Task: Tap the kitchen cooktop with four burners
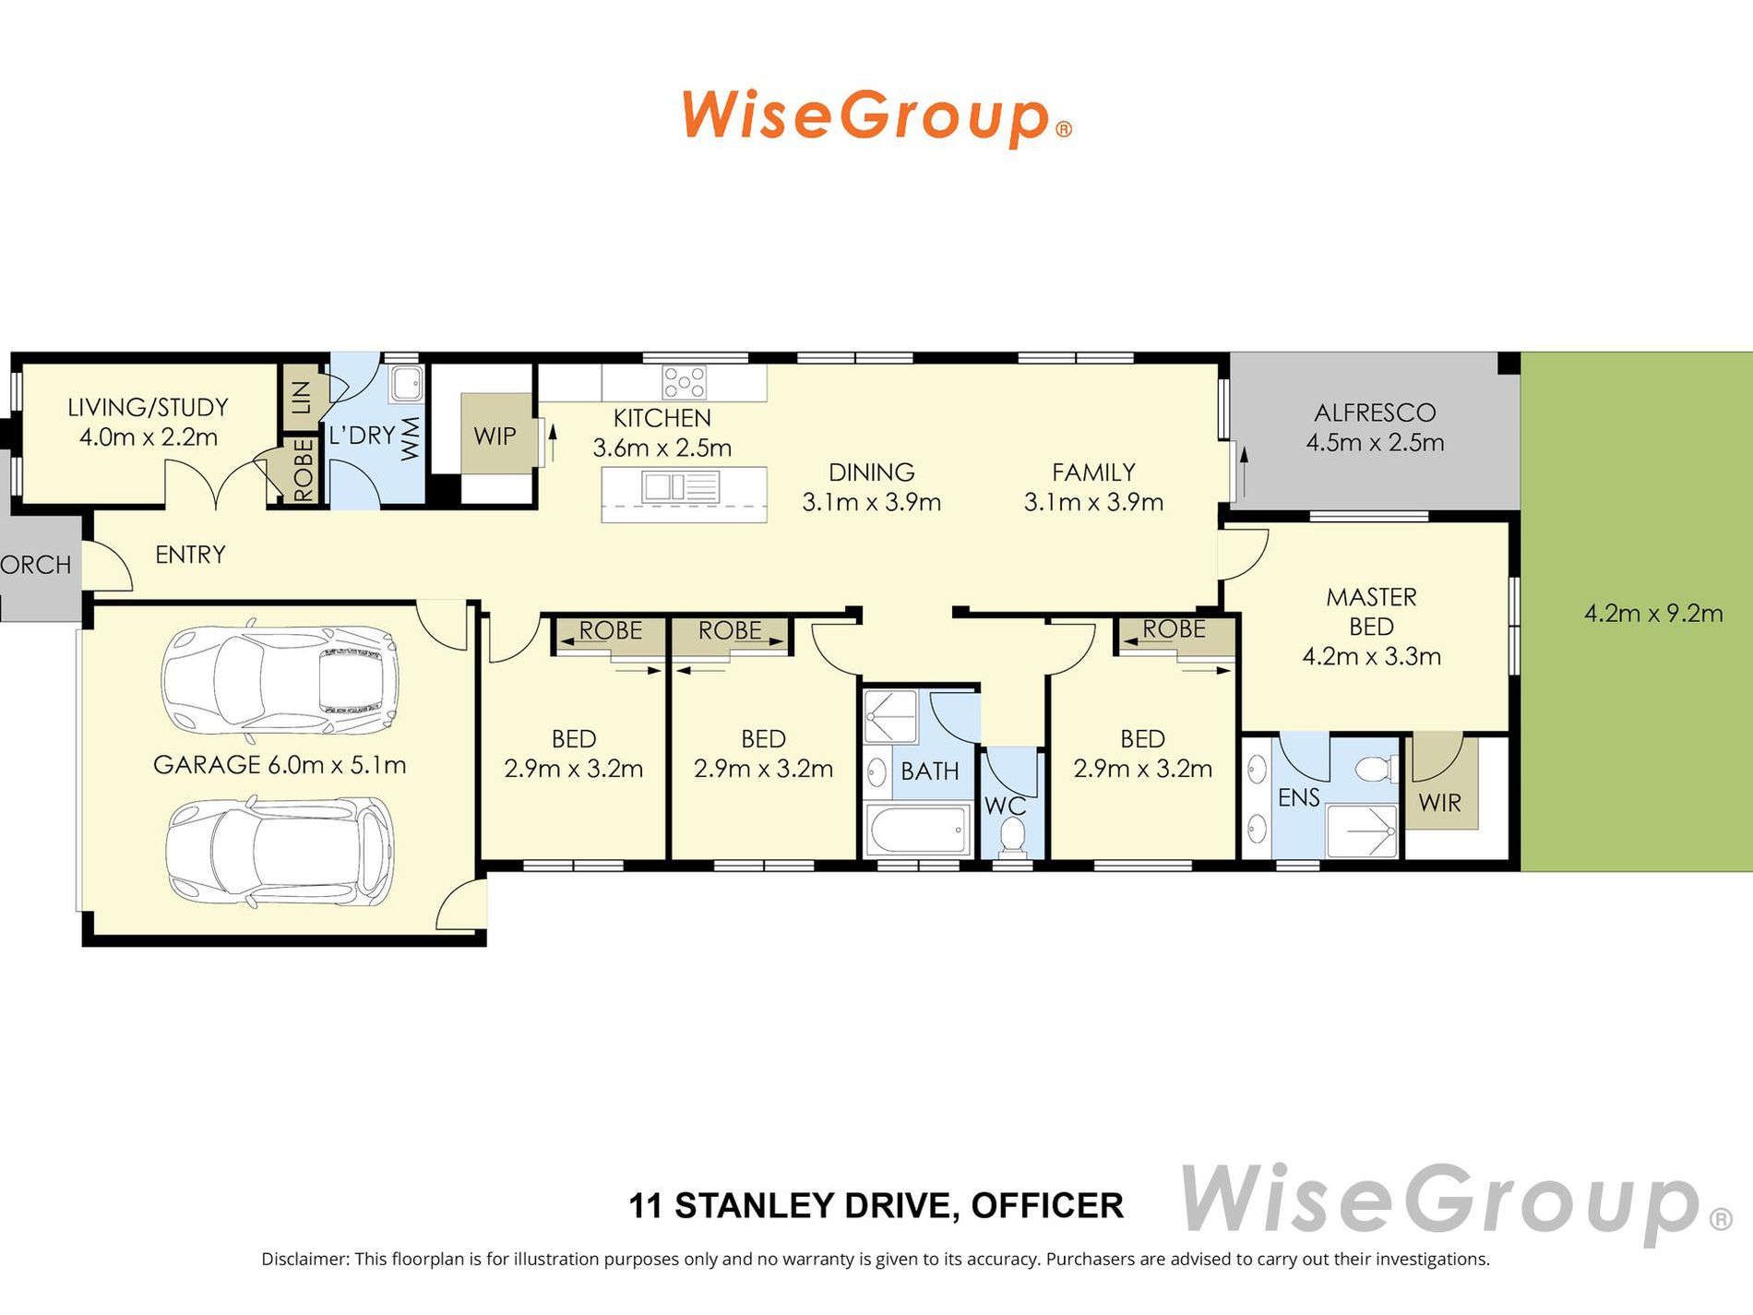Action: [685, 382]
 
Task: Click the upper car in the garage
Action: [280, 681]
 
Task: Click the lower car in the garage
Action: [280, 852]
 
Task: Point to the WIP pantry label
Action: [495, 436]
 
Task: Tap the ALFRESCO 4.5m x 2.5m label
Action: [1375, 427]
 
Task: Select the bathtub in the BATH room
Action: [918, 830]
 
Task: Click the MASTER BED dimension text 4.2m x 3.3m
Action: [1371, 656]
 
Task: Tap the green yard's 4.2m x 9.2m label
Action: [1653, 613]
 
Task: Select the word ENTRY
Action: [190, 555]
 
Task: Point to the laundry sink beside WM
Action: [405, 383]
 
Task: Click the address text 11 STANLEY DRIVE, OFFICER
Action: [876, 1205]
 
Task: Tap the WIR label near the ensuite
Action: [1439, 803]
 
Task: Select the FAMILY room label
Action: [1093, 472]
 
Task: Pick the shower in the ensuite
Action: [1362, 831]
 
